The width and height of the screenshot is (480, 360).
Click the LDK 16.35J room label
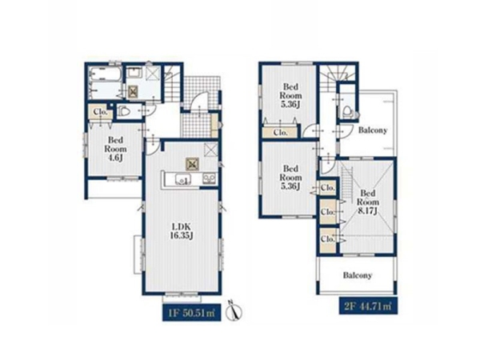[x=182, y=231]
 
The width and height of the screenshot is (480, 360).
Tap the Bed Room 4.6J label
[x=115, y=149]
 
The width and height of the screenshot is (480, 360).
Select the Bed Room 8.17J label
[x=368, y=202]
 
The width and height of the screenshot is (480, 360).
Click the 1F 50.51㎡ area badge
[x=191, y=313]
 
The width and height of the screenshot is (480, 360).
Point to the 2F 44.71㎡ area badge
[x=368, y=306]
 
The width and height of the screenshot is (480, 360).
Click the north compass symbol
[x=234, y=310]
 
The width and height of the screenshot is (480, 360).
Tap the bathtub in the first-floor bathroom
[x=105, y=74]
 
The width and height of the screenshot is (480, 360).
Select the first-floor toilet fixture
[x=124, y=111]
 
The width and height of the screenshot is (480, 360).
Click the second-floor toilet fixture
[x=347, y=111]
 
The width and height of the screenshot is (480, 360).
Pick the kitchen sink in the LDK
[x=183, y=178]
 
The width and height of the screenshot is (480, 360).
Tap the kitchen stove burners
[x=209, y=178]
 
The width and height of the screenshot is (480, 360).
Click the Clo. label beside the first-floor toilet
[x=101, y=112]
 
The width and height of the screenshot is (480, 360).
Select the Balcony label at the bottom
[x=358, y=275]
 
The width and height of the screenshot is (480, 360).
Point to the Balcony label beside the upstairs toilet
[x=373, y=130]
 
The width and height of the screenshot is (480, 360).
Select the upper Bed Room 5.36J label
[x=290, y=95]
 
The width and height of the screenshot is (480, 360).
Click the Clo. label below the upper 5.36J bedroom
[x=281, y=133]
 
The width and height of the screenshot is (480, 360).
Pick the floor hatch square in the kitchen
[x=193, y=164]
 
